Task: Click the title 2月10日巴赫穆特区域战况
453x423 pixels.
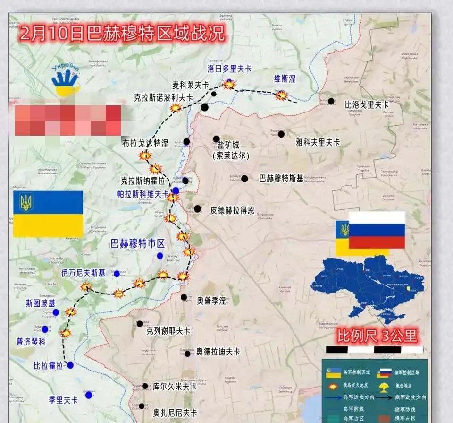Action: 122,34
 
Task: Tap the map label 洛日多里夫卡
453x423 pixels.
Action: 229,69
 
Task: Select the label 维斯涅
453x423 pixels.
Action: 285,78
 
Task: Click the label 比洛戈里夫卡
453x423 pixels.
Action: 367,104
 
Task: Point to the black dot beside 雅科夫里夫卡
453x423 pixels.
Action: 281,134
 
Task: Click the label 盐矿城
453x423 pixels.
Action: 228,145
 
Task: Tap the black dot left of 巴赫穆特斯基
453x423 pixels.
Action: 244,179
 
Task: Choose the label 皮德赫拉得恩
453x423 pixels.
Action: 232,210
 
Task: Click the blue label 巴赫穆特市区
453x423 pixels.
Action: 137,244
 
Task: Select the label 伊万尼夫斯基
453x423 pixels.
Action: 84,273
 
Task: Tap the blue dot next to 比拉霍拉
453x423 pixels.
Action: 70,365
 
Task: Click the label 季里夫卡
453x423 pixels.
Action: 63,400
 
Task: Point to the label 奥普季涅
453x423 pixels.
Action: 211,300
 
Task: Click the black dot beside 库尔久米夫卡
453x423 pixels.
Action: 145,386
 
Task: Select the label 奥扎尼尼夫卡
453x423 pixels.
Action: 175,412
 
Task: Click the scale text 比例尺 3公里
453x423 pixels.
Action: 377,336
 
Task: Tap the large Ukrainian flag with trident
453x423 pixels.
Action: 48,214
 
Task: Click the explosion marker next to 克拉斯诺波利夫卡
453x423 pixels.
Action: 176,108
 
